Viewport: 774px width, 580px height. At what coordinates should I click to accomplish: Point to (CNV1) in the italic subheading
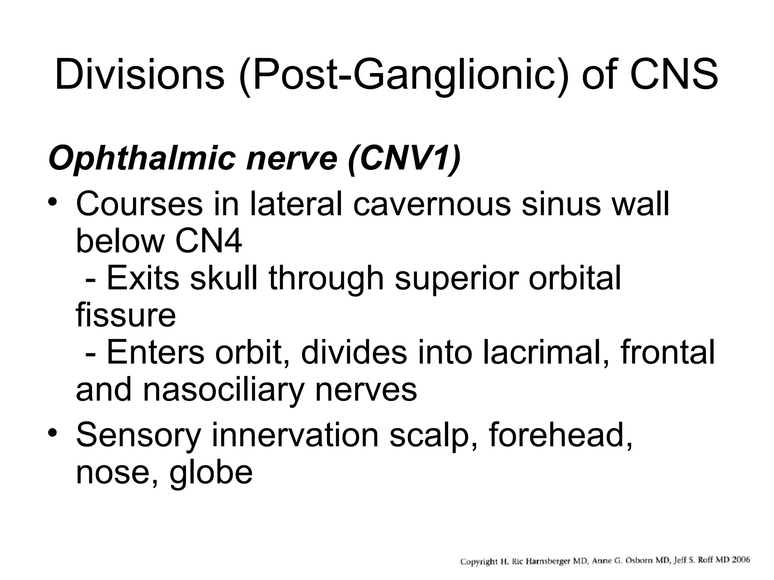pyautogui.click(x=404, y=159)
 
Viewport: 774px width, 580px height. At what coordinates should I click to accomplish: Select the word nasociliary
pyautogui.click(x=223, y=390)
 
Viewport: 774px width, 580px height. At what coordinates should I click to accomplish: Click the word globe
pyautogui.click(x=211, y=472)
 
